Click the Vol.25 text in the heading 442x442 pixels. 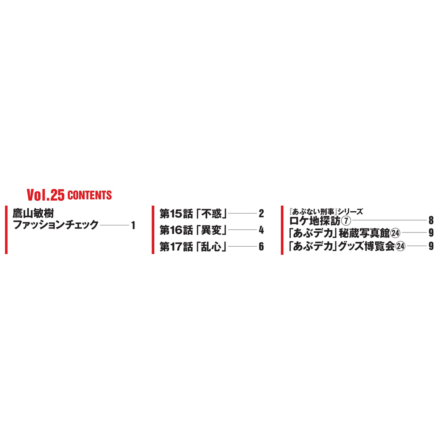[46, 195]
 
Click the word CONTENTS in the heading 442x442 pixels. [90, 195]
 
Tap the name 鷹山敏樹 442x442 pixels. [33, 213]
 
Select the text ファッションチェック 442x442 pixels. [56, 225]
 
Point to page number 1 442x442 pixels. [133, 225]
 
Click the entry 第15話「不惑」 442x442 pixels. [194, 213]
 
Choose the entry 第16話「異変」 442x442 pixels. [194, 230]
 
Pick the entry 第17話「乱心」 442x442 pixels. [194, 247]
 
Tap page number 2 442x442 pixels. [261, 213]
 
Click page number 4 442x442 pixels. [261, 230]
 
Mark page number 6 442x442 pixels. [261, 247]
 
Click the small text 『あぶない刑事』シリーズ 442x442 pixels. [326, 211]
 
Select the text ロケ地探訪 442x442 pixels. [315, 221]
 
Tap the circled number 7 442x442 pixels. [346, 221]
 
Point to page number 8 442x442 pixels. [431, 220]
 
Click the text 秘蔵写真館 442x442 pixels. [364, 233]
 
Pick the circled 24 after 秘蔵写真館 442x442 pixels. [396, 233]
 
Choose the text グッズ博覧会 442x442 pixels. [366, 246]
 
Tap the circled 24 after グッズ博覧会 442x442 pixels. [400, 246]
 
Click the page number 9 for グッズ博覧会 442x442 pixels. [431, 246]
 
